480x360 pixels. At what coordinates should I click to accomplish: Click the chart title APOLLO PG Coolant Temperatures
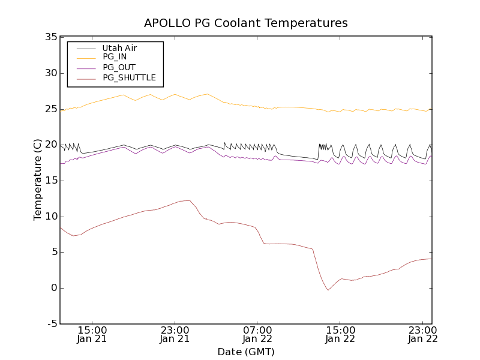click(246, 23)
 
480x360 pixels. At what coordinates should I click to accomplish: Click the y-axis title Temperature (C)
click(38, 180)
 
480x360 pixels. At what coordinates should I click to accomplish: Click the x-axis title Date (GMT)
click(246, 352)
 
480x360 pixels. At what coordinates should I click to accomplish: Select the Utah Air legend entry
click(119, 48)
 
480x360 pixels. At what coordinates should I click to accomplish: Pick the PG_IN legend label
click(115, 57)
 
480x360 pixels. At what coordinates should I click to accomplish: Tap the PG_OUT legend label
click(119, 67)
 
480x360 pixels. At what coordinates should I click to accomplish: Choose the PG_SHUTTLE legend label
click(129, 77)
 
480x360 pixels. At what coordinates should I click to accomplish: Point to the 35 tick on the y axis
click(50, 37)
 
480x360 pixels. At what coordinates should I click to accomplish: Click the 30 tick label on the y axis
click(50, 73)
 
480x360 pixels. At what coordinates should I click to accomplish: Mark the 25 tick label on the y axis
click(50, 109)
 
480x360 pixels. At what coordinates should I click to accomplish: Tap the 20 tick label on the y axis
click(50, 145)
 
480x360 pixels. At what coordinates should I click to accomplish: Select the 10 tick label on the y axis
click(50, 217)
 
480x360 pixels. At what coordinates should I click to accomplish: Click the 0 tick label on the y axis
click(53, 288)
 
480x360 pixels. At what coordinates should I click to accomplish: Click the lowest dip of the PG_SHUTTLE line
click(328, 290)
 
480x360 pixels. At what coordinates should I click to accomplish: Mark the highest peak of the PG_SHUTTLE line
click(187, 200)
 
